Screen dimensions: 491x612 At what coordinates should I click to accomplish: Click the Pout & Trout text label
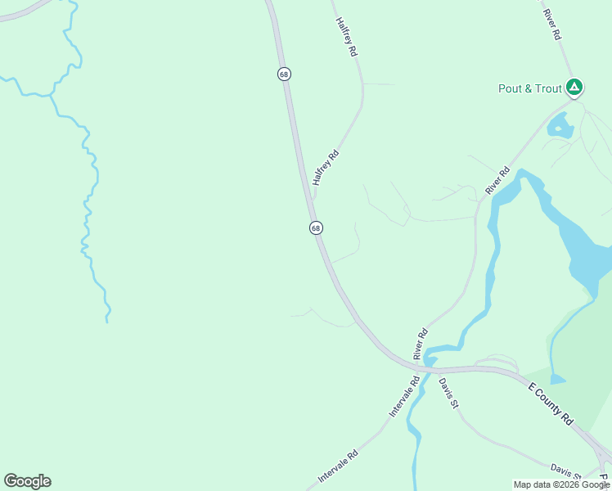pyautogui.click(x=530, y=88)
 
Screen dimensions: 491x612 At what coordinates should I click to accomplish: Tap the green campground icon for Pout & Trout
pyautogui.click(x=575, y=87)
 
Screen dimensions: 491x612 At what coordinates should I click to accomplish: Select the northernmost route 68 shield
pyautogui.click(x=284, y=74)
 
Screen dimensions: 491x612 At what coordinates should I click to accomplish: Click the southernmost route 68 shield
pyautogui.click(x=316, y=227)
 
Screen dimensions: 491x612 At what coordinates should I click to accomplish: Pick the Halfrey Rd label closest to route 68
pyautogui.click(x=326, y=168)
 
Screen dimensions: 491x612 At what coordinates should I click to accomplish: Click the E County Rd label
pyautogui.click(x=550, y=403)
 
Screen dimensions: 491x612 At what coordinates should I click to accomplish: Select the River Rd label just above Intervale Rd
pyautogui.click(x=421, y=345)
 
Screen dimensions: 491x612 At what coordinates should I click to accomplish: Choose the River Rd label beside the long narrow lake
pyautogui.click(x=497, y=181)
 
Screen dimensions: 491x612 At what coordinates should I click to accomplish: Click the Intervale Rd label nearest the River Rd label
pyautogui.click(x=405, y=396)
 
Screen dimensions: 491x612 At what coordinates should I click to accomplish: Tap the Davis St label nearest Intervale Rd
pyautogui.click(x=447, y=392)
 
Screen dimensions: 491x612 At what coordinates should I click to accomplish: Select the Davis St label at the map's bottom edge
pyautogui.click(x=565, y=471)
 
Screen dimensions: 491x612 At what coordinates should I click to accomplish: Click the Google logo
pyautogui.click(x=27, y=481)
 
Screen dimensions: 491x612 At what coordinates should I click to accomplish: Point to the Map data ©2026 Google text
pyautogui.click(x=561, y=484)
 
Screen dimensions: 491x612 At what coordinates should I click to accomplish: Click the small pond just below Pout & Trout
pyautogui.click(x=560, y=126)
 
